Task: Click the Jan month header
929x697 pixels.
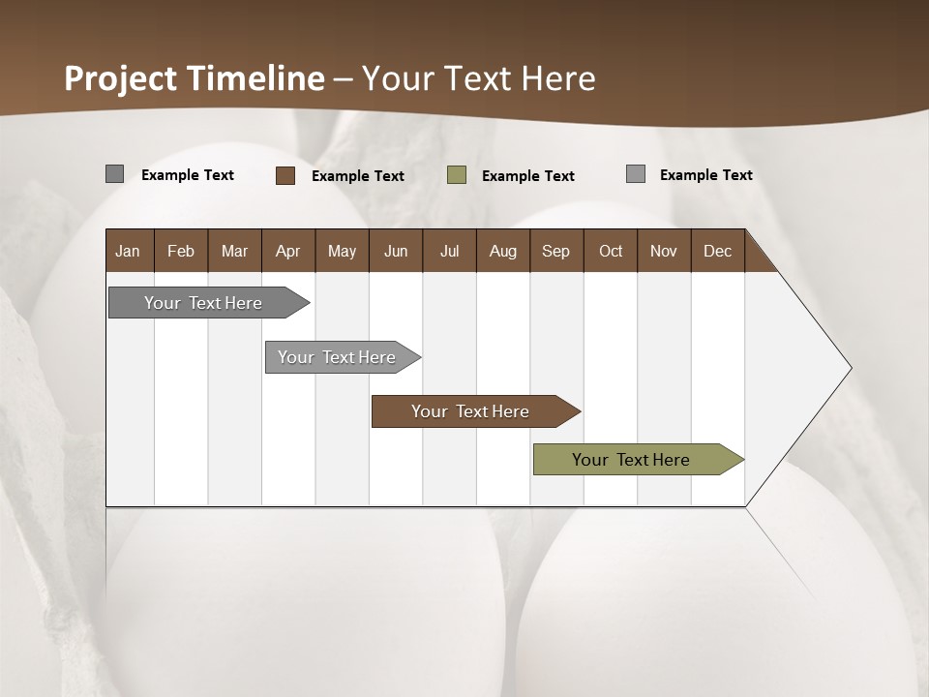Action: click(x=128, y=251)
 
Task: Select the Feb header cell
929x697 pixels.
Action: click(x=181, y=251)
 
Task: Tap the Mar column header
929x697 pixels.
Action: click(x=234, y=251)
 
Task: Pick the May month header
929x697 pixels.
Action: click(x=342, y=251)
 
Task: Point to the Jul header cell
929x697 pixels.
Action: click(x=449, y=251)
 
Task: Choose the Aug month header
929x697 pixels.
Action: click(x=503, y=251)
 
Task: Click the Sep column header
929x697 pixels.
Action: click(x=556, y=251)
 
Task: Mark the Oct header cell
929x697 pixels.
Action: click(x=611, y=251)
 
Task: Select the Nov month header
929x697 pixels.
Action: click(x=664, y=251)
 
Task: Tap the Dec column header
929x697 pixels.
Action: click(x=717, y=251)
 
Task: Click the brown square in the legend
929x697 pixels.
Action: click(x=285, y=175)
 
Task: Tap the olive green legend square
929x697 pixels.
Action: click(x=457, y=175)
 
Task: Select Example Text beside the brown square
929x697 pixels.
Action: click(x=358, y=176)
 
